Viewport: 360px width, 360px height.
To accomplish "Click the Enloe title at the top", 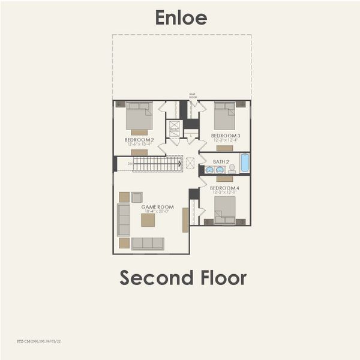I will (x=181, y=17).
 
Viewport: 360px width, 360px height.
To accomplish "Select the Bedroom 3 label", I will (x=226, y=136).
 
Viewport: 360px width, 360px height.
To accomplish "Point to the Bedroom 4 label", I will (x=224, y=188).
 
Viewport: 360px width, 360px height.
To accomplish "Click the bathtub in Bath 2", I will (x=245, y=163).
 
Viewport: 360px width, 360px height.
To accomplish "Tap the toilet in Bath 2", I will (x=232, y=169).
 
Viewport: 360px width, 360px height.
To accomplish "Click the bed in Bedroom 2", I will (x=139, y=117).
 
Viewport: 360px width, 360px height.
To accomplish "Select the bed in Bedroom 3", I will (x=225, y=116).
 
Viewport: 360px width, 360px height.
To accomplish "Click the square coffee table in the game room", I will (x=148, y=220).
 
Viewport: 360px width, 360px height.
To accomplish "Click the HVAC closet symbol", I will (x=175, y=130).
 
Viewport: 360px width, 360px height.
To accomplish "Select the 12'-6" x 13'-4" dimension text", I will (x=139, y=145).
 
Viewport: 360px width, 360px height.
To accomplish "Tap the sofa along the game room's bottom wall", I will (x=148, y=243).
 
